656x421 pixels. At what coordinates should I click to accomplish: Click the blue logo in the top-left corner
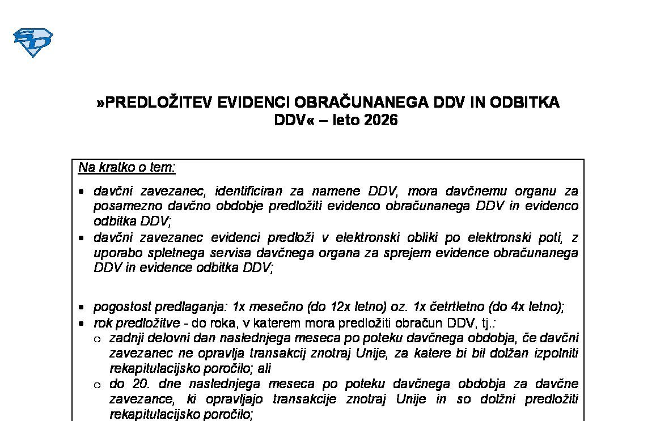[x=33, y=42]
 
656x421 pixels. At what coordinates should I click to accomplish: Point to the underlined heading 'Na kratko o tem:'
[x=127, y=168]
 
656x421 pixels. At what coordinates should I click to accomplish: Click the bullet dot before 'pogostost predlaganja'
[x=83, y=308]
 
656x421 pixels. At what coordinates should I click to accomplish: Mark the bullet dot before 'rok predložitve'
[x=83, y=324]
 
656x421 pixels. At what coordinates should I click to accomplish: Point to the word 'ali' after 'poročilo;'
[x=264, y=368]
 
